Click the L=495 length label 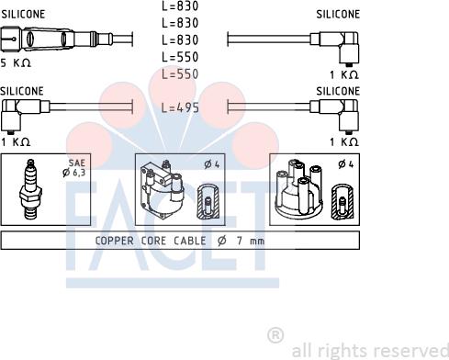pyautogui.click(x=180, y=107)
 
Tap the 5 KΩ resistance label pyautogui.click(x=16, y=63)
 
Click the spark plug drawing pyautogui.click(x=29, y=189)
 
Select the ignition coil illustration pyautogui.click(x=162, y=189)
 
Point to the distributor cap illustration pyautogui.click(x=298, y=188)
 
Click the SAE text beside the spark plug pyautogui.click(x=76, y=163)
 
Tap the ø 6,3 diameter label pyautogui.click(x=73, y=173)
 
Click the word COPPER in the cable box pyautogui.click(x=115, y=241)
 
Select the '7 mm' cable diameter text pyautogui.click(x=251, y=241)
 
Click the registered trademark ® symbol pyautogui.click(x=275, y=335)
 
